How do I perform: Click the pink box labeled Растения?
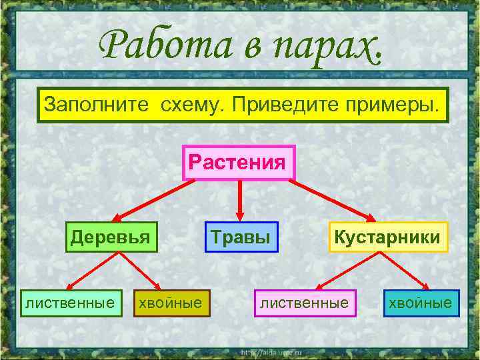(x=239, y=163)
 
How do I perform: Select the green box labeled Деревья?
(x=111, y=237)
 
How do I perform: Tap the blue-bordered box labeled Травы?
(x=241, y=237)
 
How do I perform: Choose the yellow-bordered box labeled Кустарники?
(x=387, y=237)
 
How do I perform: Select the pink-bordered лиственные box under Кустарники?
(x=305, y=303)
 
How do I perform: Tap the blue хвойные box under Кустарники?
(x=421, y=303)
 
